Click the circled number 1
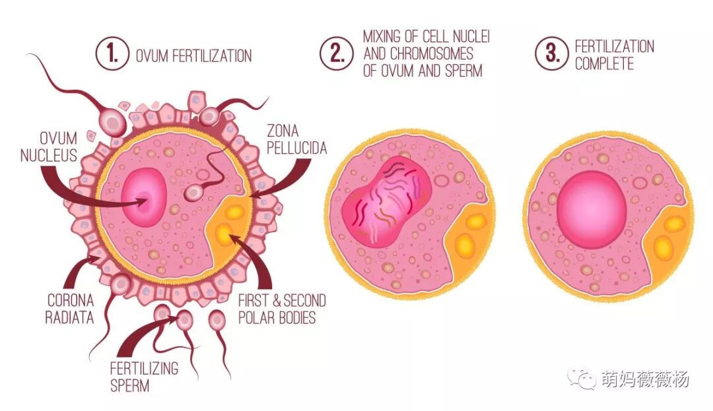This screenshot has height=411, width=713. pyautogui.click(x=111, y=55)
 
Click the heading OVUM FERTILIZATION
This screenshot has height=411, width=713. pyautogui.click(x=193, y=56)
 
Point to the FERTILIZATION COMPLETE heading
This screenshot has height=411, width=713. pyautogui.click(x=615, y=55)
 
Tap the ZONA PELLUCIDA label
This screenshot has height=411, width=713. pyautogui.click(x=296, y=139)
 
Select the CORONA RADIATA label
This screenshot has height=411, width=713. pyautogui.click(x=69, y=309)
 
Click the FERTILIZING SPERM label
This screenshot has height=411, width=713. pyautogui.click(x=144, y=376)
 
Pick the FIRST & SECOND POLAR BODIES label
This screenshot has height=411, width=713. pyautogui.click(x=281, y=309)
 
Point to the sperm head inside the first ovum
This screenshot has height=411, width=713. pyautogui.click(x=194, y=192)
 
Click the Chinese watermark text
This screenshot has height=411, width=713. pyautogui.click(x=645, y=379)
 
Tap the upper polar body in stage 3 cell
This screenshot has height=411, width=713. pyautogui.click(x=673, y=224)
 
